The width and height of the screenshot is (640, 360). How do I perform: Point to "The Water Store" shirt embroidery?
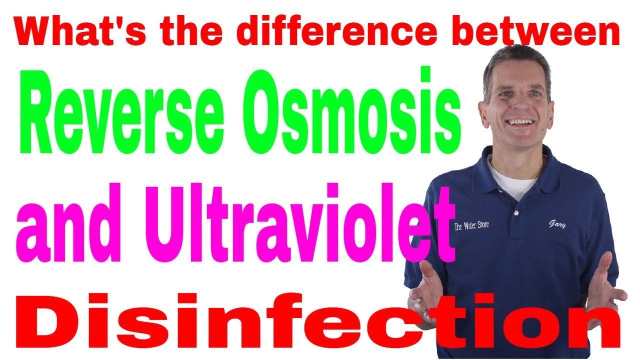click(471, 225)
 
